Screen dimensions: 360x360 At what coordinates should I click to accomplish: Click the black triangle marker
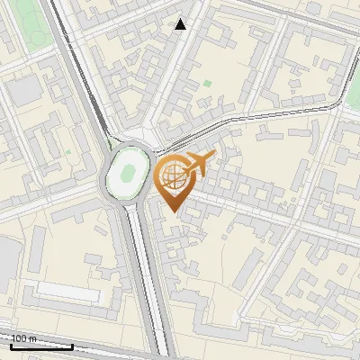181,24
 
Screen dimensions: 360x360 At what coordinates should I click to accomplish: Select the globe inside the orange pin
173,178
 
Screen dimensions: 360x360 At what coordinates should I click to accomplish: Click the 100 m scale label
23,338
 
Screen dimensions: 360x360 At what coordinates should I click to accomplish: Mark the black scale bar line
41,346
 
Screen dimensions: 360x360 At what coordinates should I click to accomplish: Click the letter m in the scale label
33,338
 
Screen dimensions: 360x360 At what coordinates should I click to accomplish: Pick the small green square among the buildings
208,85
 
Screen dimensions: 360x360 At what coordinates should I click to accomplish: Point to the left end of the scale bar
12,346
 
